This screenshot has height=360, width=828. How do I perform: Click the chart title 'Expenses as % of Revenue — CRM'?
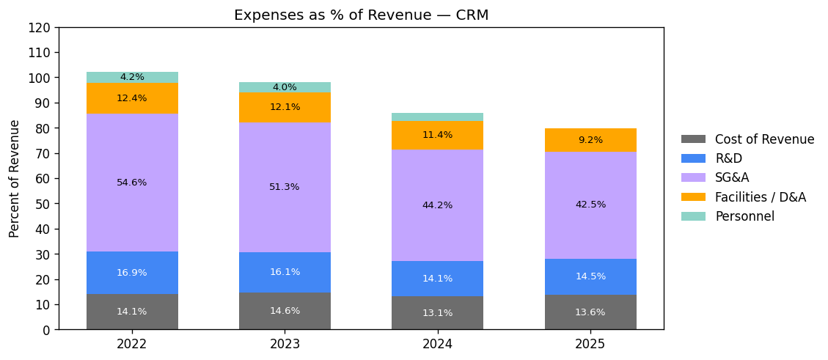(361, 15)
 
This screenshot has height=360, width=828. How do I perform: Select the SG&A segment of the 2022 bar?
(132, 158)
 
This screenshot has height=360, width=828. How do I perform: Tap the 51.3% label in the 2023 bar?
(285, 187)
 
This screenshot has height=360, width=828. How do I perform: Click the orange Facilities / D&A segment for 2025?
(590, 140)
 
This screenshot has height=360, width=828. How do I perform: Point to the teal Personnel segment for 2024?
(437, 117)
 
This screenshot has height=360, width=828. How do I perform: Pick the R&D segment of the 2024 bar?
(437, 279)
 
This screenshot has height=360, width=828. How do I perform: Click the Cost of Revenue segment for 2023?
(285, 311)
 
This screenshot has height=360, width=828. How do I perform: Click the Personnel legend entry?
(744, 216)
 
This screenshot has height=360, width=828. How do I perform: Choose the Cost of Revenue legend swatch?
(693, 139)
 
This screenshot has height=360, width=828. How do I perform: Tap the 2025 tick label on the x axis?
(590, 344)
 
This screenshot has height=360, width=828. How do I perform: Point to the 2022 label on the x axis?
(132, 344)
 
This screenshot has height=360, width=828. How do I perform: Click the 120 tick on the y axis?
(41, 28)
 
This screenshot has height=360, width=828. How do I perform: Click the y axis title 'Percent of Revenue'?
(15, 178)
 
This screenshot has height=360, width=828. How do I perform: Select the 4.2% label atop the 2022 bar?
(132, 77)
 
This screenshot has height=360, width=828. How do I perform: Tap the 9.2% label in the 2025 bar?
(590, 140)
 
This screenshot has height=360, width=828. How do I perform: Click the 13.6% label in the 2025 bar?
(590, 312)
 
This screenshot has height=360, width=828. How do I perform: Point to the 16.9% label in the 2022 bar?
(132, 273)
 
